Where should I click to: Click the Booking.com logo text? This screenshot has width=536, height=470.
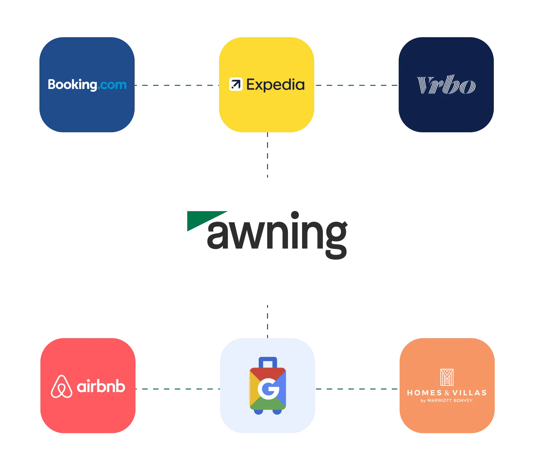click(87, 85)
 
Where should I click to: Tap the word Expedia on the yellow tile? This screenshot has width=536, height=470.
click(275, 85)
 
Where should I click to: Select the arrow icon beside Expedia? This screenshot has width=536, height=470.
click(236, 84)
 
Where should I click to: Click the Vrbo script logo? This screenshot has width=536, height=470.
click(446, 85)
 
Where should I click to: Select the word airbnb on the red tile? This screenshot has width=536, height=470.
click(101, 387)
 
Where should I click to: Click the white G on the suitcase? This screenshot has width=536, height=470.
click(268, 389)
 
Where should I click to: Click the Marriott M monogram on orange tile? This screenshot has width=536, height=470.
click(447, 377)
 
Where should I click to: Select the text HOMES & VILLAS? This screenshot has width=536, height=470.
click(447, 393)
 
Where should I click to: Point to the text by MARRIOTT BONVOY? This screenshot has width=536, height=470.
click(447, 401)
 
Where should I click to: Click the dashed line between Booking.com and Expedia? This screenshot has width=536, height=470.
click(176, 86)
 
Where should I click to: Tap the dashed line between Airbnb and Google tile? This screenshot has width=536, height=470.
click(177, 389)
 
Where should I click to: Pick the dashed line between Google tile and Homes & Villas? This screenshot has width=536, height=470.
click(357, 389)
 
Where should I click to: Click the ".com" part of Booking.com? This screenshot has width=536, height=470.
click(112, 85)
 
